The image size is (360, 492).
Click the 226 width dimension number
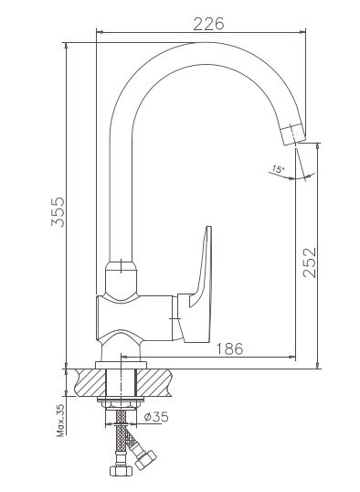pos(209,24)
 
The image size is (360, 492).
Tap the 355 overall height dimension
pos(58,212)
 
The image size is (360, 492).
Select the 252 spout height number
pos(310,262)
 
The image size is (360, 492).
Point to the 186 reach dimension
pos(230,348)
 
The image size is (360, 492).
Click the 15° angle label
pos(278,169)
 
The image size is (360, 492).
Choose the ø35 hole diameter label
pos(156,417)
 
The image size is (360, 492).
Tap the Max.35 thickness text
pos(60,421)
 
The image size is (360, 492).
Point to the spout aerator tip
pos(293,134)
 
